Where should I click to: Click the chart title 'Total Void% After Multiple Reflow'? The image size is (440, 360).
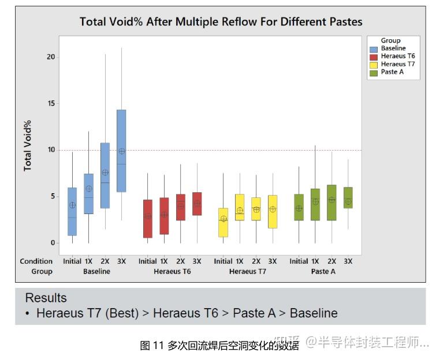pyautogui.click(x=221, y=22)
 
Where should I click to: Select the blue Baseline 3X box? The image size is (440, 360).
pyautogui.click(x=121, y=150)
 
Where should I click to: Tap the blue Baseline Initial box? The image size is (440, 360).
pyautogui.click(x=72, y=211)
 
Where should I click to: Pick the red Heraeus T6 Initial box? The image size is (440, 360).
pyautogui.click(x=148, y=219)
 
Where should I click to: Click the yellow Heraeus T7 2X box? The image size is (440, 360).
pyautogui.click(x=256, y=209)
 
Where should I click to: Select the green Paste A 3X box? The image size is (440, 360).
pyautogui.click(x=348, y=197)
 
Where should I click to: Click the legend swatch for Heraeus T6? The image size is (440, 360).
pyautogui.click(x=374, y=57)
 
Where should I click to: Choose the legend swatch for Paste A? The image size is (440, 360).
pyautogui.click(x=374, y=72)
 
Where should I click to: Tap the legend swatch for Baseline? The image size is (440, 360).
pyautogui.click(x=374, y=48)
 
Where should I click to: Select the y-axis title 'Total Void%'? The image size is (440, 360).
pyautogui.click(x=27, y=145)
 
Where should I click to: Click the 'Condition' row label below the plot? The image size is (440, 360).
pyautogui.click(x=36, y=261)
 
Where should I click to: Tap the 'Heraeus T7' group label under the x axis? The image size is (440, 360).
pyautogui.click(x=248, y=271)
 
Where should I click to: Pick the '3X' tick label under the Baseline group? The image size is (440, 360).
pyautogui.click(x=121, y=261)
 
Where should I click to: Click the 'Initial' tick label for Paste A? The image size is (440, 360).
pyautogui.click(x=299, y=261)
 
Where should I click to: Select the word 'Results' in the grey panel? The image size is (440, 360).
pyautogui.click(x=46, y=298)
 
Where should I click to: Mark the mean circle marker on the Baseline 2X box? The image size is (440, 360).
pyautogui.click(x=105, y=172)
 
